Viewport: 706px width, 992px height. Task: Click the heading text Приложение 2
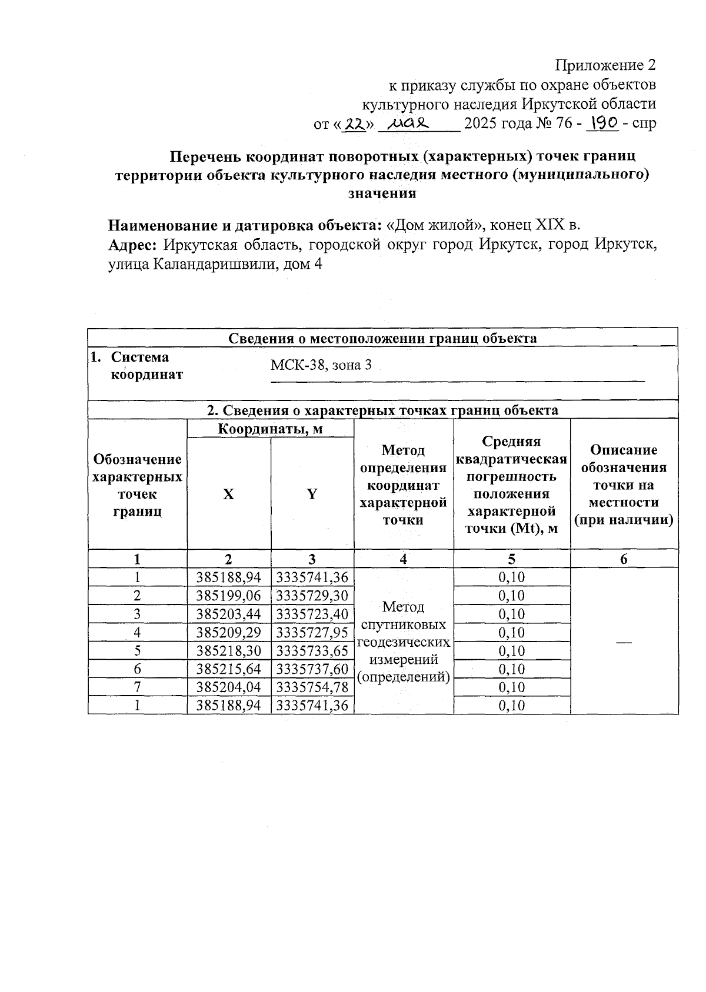pos(605,64)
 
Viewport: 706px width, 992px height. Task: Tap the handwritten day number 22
pos(355,123)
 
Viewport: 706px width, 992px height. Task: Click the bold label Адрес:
pos(132,245)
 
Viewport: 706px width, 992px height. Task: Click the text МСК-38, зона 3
pos(321,365)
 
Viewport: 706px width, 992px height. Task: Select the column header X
pos(228,495)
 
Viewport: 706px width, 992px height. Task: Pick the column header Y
pos(312,495)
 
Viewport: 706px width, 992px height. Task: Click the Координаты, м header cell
pos(270,429)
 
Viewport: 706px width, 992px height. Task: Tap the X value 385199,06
pos(229,596)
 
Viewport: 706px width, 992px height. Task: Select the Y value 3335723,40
pos(312,614)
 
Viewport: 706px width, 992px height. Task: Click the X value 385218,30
pos(229,650)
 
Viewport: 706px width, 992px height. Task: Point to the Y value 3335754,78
pos(312,687)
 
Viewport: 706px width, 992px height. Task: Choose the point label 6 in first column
pos(137,669)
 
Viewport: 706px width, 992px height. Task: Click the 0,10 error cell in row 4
pos(511,632)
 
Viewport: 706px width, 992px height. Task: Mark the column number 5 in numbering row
pos(511,559)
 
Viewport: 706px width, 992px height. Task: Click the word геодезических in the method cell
pos(403,642)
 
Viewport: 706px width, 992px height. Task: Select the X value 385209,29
pos(229,632)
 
